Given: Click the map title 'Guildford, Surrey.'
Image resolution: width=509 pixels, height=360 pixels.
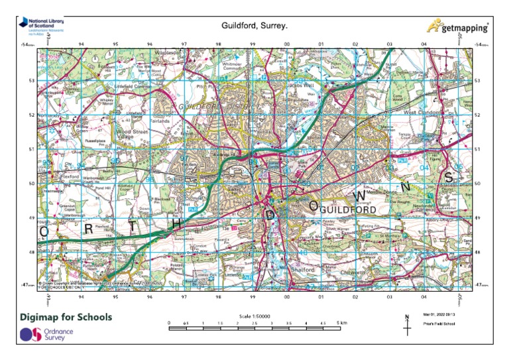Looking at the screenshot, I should pos(254,26).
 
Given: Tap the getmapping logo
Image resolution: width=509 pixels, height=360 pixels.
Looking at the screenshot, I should pos(457,27).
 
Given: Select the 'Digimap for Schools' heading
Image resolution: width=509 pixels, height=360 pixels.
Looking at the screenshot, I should pos(66,317).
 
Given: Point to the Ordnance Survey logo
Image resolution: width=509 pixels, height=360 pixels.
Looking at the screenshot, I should pos(46,335).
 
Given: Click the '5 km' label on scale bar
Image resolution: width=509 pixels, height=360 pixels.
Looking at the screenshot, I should pos(341,322).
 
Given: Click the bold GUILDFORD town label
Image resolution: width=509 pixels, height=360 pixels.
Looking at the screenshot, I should pos(347,210).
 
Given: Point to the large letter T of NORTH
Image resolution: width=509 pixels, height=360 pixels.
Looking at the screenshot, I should pos(133,226).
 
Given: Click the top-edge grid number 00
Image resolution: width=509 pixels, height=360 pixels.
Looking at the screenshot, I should pos(286,44).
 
